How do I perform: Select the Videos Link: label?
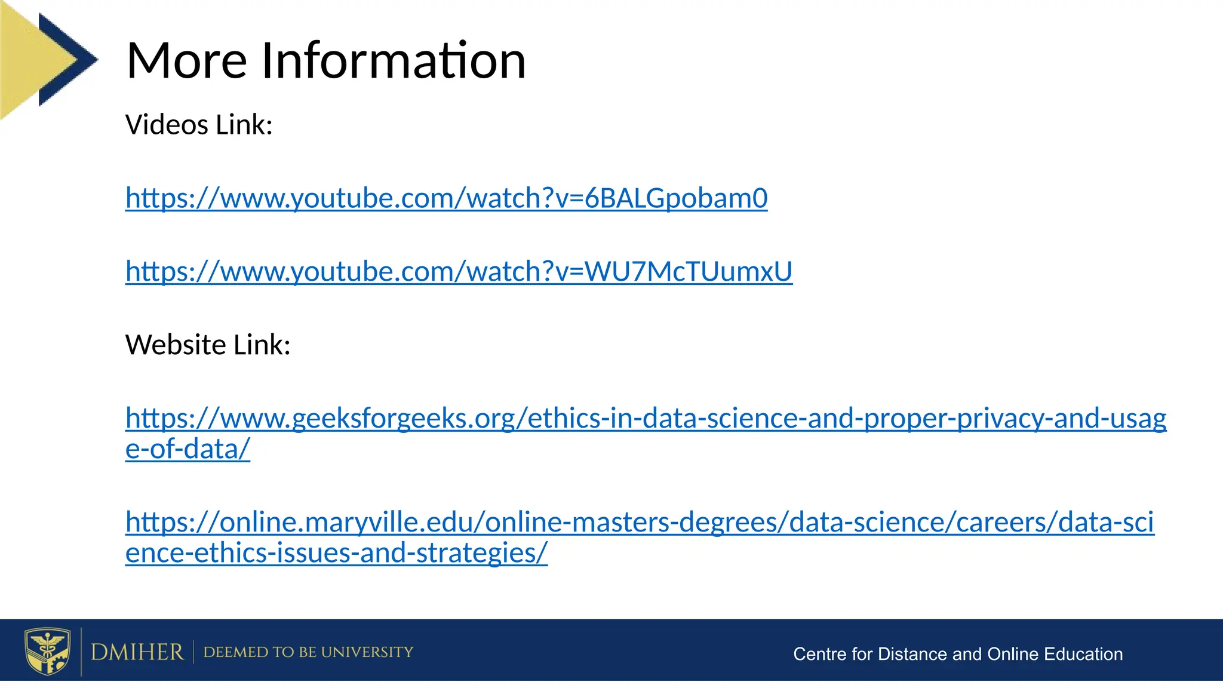pos(199,125)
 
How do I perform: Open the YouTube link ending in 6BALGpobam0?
pos(446,198)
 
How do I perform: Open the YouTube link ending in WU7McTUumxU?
pos(459,272)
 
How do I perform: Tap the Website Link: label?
pos(208,345)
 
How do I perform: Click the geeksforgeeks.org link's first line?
pos(646,418)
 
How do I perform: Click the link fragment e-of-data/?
pos(188,449)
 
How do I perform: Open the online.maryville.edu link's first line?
pos(640,522)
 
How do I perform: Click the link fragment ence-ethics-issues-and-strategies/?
pos(336,553)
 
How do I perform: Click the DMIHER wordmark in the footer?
pos(137,652)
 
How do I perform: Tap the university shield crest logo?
pos(47,651)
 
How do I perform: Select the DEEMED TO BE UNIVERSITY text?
pos(308,652)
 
